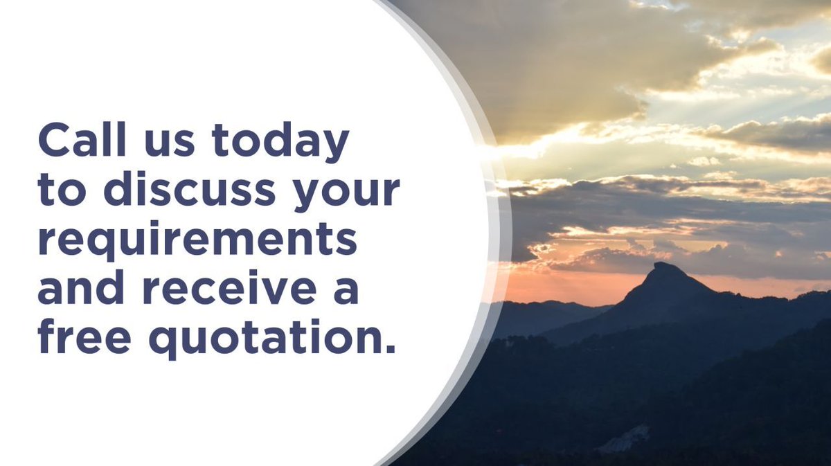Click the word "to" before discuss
click(61, 192)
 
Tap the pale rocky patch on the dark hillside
click(625, 438)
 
